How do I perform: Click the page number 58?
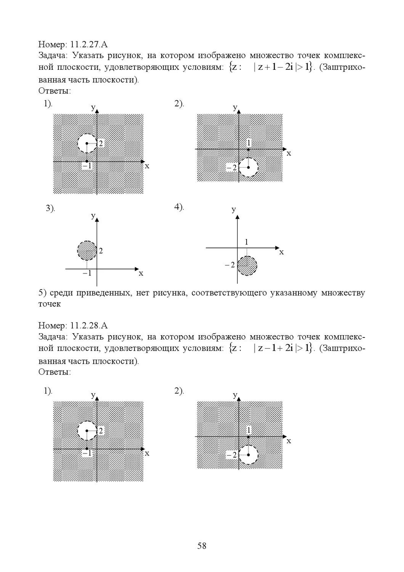click(x=202, y=546)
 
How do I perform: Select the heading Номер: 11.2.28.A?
click(x=73, y=325)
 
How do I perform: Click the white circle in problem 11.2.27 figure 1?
click(x=87, y=143)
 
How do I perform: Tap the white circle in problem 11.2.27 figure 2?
click(x=248, y=167)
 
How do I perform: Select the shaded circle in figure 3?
click(x=87, y=251)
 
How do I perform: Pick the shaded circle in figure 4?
click(x=247, y=265)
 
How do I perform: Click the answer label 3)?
click(x=50, y=208)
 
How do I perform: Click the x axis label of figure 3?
click(x=141, y=273)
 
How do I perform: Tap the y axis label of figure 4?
click(x=234, y=209)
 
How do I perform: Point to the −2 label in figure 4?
click(x=230, y=265)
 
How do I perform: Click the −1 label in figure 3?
click(x=87, y=273)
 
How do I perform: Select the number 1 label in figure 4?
click(x=247, y=242)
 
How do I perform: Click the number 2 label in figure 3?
click(x=101, y=251)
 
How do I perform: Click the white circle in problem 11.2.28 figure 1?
click(x=87, y=431)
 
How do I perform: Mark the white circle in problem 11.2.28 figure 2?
click(x=248, y=455)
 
